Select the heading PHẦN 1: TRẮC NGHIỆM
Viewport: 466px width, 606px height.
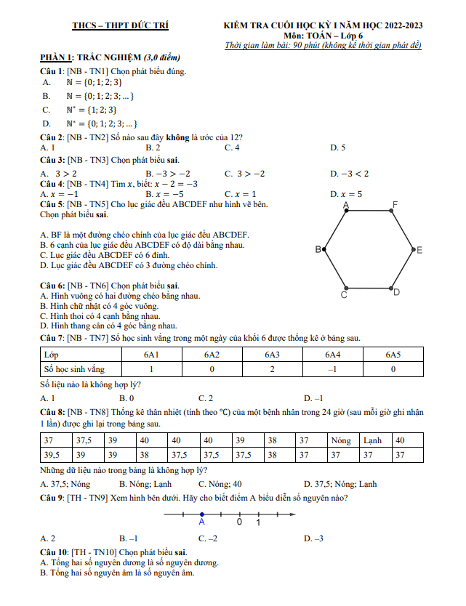90,57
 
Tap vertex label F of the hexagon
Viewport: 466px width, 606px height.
415,204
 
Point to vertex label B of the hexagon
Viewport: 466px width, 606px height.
318,250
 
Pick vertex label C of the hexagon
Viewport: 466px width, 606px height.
344,296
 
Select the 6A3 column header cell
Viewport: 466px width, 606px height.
272,355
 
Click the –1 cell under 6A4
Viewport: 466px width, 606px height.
332,368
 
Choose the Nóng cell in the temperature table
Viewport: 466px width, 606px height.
340,441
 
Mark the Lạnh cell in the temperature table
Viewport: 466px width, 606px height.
372,441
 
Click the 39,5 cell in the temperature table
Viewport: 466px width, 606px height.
52,455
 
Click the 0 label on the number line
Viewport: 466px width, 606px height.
239,522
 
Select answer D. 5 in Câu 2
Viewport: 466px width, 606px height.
338,148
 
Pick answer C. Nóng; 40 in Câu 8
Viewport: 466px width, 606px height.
220,483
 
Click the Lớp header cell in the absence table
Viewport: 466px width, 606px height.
52,355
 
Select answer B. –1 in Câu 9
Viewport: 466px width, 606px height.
129,538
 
